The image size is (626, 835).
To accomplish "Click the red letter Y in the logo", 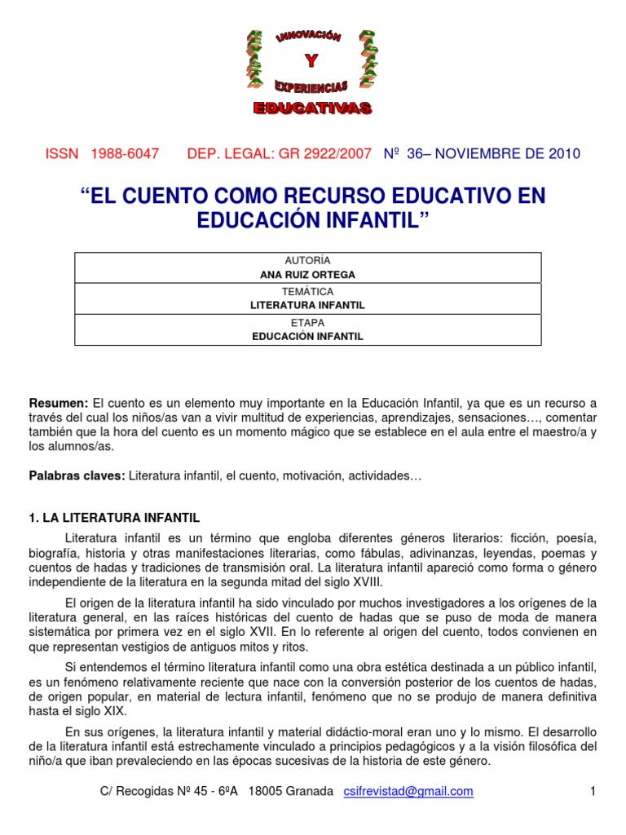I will click(x=311, y=62).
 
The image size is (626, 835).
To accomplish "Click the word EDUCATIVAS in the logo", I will click(x=311, y=108).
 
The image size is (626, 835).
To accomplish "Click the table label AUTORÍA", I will click(x=307, y=261).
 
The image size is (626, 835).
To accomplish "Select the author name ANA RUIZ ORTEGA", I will click(x=307, y=275).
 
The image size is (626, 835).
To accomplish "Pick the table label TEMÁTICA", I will click(x=307, y=291).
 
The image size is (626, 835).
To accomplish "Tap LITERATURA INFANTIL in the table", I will click(x=307, y=305).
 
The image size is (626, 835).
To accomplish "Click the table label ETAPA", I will click(x=307, y=322).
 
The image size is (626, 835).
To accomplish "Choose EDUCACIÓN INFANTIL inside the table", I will click(x=307, y=336).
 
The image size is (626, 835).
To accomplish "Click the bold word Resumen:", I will click(x=59, y=404).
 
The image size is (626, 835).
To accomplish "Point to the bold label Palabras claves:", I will click(x=77, y=475).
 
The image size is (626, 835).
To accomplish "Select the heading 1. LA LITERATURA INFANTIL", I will click(x=114, y=518).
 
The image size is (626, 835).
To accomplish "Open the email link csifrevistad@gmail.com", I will click(x=408, y=792).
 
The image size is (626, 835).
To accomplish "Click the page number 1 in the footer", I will click(x=593, y=792).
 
